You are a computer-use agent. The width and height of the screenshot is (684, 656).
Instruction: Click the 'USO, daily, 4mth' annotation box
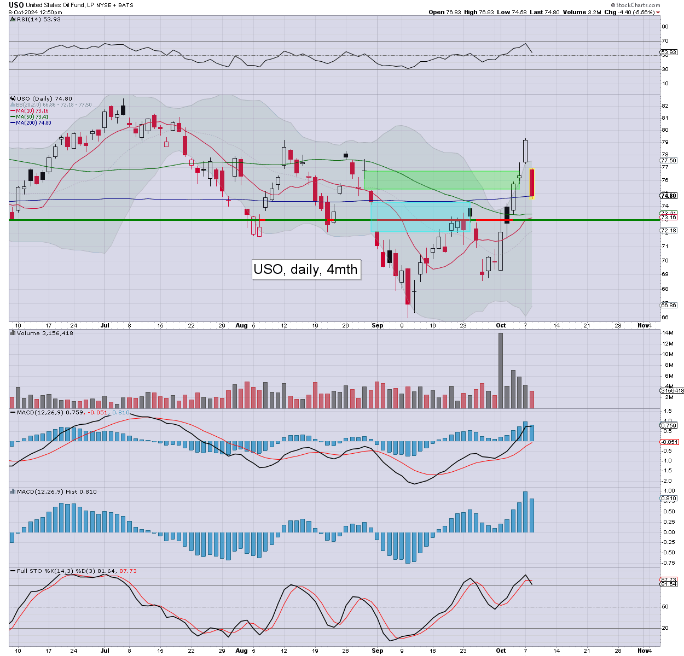(x=306, y=269)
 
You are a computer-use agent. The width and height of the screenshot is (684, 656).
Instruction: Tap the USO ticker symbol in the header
(x=16, y=5)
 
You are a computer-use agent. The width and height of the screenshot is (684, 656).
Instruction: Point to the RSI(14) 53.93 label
(x=38, y=19)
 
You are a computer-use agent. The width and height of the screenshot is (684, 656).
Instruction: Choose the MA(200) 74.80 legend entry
(x=33, y=122)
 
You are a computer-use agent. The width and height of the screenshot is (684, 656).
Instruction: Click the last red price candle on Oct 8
(x=531, y=183)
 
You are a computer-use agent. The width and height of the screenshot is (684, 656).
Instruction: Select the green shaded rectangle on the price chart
(x=441, y=180)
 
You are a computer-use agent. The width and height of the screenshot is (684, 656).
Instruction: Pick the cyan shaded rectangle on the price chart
(x=420, y=216)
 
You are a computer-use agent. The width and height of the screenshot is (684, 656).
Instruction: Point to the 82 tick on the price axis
(x=665, y=106)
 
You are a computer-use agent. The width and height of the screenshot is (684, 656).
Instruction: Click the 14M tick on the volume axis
(x=667, y=333)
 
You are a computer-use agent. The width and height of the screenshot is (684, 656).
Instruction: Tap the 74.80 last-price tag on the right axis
(x=669, y=196)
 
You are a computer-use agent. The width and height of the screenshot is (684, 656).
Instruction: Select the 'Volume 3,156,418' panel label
(x=45, y=333)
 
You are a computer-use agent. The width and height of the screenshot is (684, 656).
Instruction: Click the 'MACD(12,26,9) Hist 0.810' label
(x=56, y=491)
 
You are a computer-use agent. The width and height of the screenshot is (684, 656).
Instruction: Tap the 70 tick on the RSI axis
(x=665, y=41)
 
